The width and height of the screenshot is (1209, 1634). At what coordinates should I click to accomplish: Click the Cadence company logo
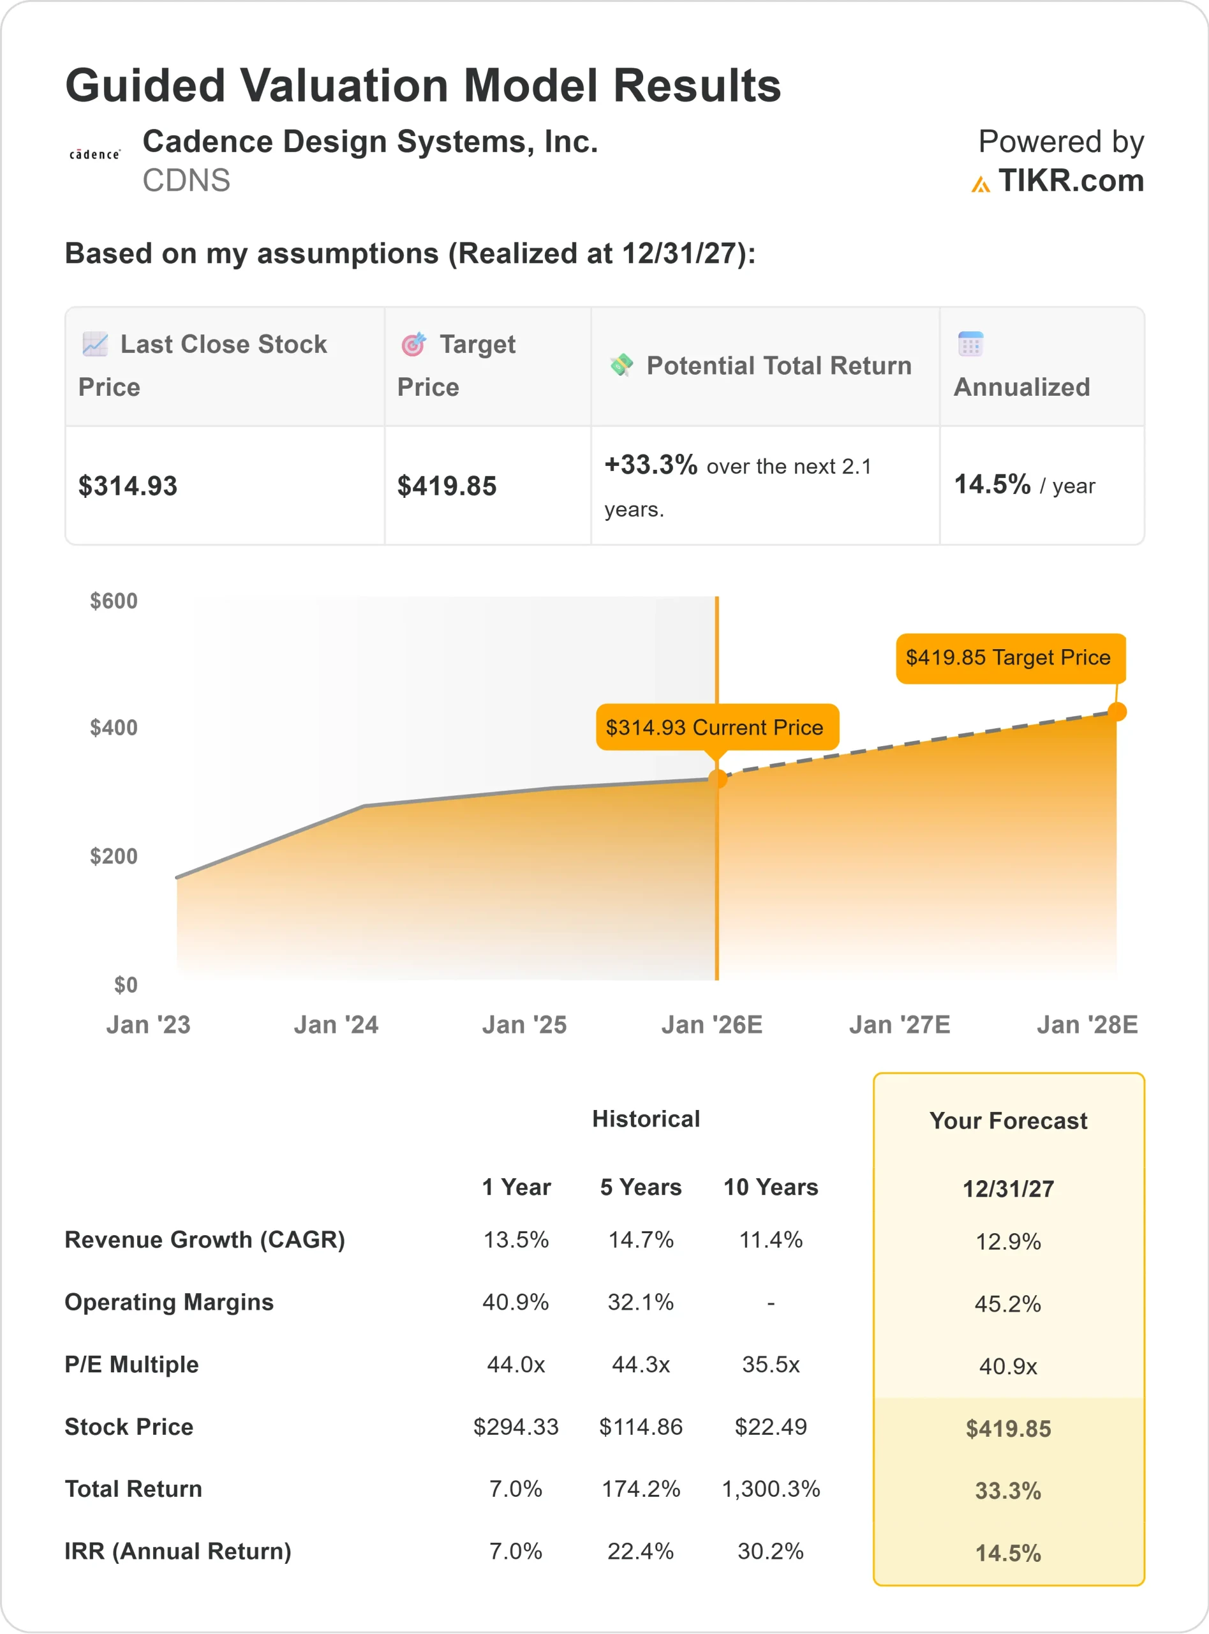point(94,154)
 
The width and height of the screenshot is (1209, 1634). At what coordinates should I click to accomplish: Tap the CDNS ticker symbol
point(186,181)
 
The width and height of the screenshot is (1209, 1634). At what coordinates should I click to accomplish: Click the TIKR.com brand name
point(1070,181)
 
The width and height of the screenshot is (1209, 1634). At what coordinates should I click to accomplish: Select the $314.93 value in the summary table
point(128,486)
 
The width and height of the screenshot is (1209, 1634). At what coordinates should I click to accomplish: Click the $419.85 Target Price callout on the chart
point(1009,658)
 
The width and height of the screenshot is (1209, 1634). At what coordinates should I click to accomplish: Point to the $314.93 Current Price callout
point(715,728)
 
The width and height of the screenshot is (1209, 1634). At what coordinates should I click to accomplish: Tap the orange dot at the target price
point(1116,712)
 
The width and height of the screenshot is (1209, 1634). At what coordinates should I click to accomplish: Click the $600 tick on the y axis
point(114,601)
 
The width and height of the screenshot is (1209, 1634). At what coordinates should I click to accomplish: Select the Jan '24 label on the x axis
point(336,1025)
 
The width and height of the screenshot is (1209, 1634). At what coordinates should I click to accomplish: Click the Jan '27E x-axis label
point(900,1025)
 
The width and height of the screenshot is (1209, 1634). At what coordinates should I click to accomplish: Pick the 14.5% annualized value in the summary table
point(992,484)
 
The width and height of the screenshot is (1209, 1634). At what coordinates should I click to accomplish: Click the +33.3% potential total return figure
point(651,465)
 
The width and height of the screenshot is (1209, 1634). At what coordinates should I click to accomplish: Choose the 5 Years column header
point(641,1187)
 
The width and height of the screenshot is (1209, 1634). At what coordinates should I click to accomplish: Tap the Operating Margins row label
point(169,1302)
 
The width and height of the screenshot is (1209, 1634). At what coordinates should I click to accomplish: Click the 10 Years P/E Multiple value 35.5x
point(771,1365)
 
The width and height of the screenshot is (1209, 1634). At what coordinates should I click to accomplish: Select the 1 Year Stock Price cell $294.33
point(516,1427)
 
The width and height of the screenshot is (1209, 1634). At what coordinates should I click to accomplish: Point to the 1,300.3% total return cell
point(771,1489)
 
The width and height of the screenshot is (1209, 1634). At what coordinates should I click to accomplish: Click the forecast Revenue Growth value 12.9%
point(1009,1241)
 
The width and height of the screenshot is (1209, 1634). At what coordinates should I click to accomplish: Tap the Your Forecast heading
point(1009,1121)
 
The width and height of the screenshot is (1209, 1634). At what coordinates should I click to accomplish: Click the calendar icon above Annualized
point(970,344)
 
